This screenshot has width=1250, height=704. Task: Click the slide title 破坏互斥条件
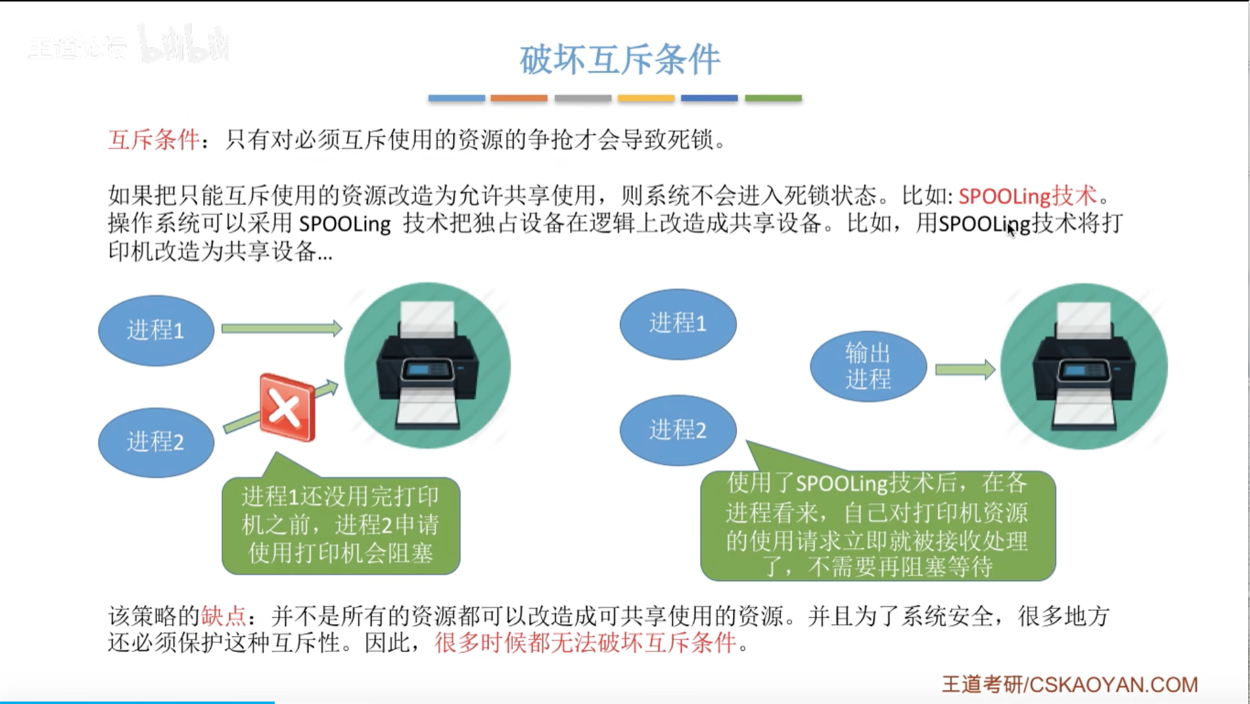click(619, 60)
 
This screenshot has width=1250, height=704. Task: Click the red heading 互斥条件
click(154, 139)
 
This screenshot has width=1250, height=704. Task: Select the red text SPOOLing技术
click(1027, 196)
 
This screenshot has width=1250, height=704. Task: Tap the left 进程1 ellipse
click(156, 330)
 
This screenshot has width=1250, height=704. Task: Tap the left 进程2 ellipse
click(156, 442)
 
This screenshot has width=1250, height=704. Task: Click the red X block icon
click(287, 407)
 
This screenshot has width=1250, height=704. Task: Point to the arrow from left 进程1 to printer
click(282, 328)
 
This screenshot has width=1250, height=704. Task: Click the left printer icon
click(427, 366)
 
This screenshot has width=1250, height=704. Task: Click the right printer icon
click(1084, 366)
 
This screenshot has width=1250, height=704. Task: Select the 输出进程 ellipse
click(868, 366)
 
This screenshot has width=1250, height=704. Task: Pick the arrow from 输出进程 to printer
click(965, 370)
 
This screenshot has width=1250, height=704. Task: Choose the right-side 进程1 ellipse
click(678, 324)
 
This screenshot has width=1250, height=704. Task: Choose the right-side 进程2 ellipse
click(678, 430)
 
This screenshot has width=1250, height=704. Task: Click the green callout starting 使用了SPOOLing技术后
click(878, 526)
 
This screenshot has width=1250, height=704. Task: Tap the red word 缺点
click(224, 616)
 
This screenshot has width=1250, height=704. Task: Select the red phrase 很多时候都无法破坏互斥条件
click(585, 643)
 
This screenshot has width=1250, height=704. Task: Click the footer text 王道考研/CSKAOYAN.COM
click(1070, 684)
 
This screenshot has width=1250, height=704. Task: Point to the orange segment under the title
click(519, 98)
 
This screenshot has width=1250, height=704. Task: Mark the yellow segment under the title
click(646, 98)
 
